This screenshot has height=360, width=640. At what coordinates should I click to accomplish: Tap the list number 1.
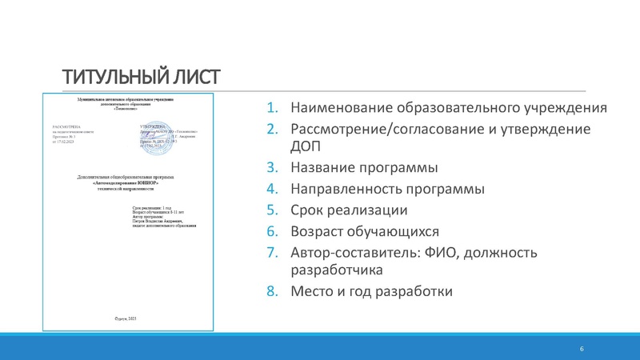pos(271,108)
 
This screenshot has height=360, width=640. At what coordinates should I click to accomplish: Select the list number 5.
pos(271,210)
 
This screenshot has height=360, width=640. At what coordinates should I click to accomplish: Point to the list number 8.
pos(271,291)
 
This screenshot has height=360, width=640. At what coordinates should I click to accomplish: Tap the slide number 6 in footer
pos(582,350)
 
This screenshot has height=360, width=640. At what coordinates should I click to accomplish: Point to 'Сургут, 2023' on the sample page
pos(126,319)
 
